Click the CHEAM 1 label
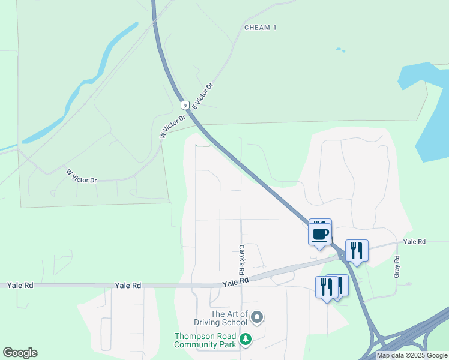click(260, 28)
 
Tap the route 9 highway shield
click(186, 105)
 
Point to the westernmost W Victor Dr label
click(81, 176)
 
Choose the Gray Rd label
click(396, 266)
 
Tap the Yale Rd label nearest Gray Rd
click(414, 241)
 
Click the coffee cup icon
click(319, 233)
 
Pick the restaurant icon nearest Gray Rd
click(357, 250)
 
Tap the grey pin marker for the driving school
click(258, 316)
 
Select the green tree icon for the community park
click(245, 340)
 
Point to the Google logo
click(20, 353)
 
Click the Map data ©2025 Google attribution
click(412, 355)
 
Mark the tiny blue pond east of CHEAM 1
click(340, 50)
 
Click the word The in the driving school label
click(218, 314)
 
